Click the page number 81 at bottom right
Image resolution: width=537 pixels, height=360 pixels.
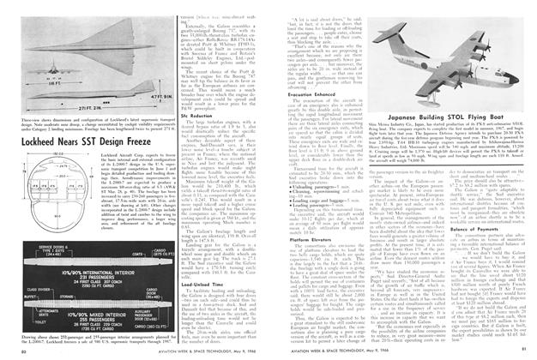[530, 353]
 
